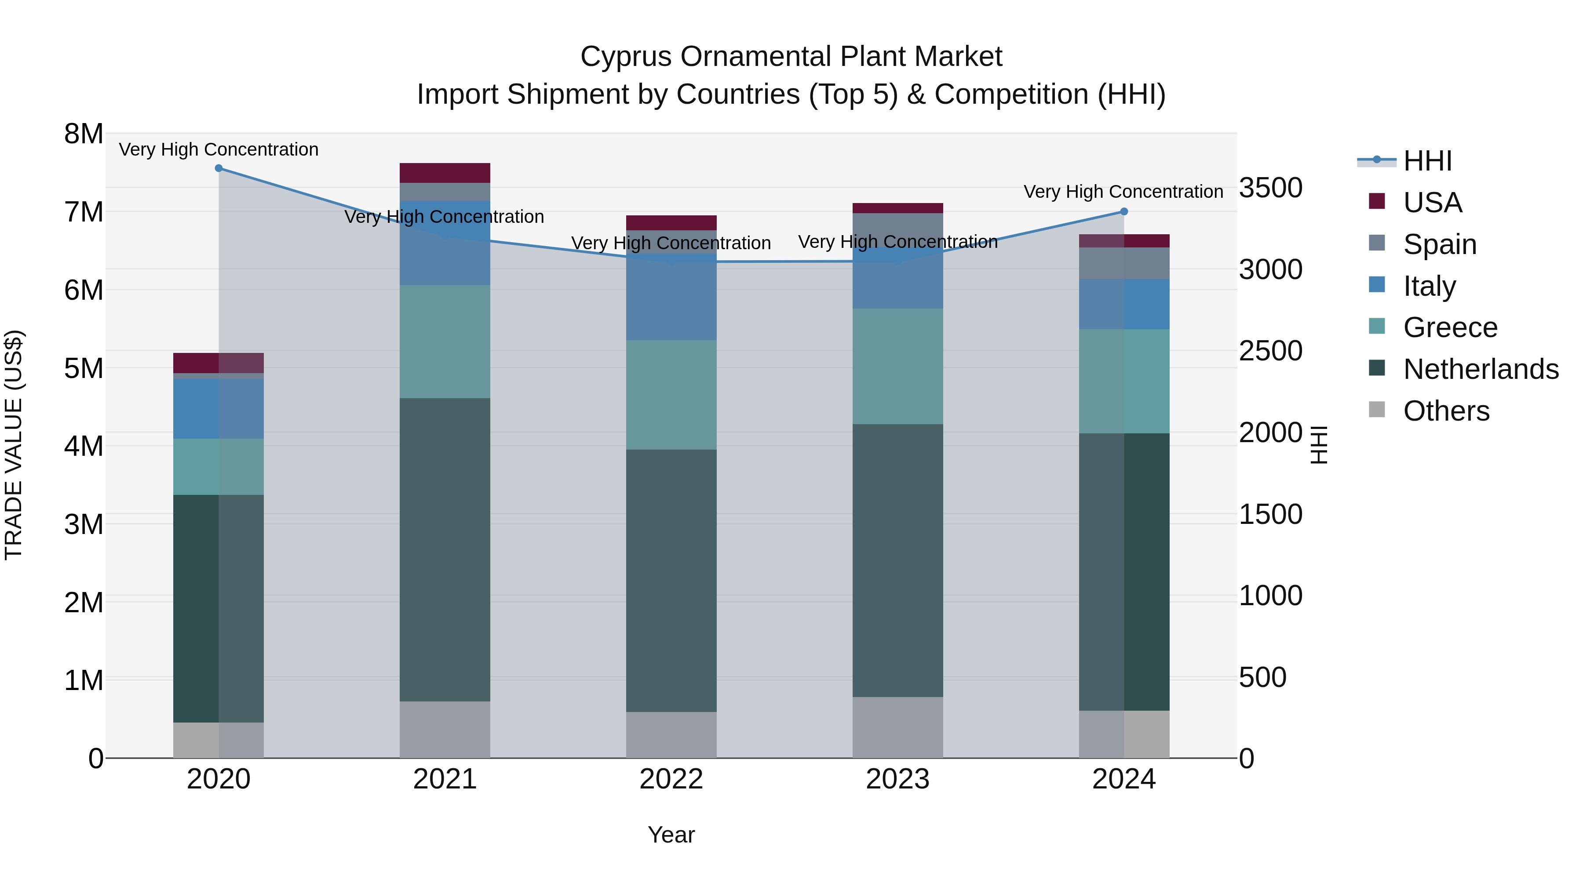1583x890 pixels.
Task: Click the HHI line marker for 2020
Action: pyautogui.click(x=219, y=168)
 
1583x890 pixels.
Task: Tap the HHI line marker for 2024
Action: pyautogui.click(x=1124, y=212)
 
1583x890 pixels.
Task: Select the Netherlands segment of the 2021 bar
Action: pyautogui.click(x=445, y=550)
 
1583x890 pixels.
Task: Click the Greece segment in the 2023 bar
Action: pyautogui.click(x=898, y=366)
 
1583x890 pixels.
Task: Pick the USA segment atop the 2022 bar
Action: pyautogui.click(x=671, y=223)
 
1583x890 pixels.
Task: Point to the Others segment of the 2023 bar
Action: pyautogui.click(x=898, y=727)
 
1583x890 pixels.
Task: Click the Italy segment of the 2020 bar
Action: pyautogui.click(x=219, y=408)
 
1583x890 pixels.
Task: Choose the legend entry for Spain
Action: pyautogui.click(x=1439, y=244)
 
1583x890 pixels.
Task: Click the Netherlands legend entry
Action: pyautogui.click(x=1481, y=369)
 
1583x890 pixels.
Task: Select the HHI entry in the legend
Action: pyautogui.click(x=1427, y=161)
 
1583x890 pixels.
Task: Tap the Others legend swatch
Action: pyautogui.click(x=1377, y=410)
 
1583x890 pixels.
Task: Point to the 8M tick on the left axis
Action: pyautogui.click(x=84, y=134)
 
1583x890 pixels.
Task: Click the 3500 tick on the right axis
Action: pyautogui.click(x=1270, y=188)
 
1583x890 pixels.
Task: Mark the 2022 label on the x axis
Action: pyautogui.click(x=671, y=779)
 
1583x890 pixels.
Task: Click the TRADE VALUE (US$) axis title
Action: pyautogui.click(x=14, y=445)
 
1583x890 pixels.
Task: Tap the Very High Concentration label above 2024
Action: pyautogui.click(x=1123, y=192)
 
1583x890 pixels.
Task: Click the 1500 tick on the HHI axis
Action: pyautogui.click(x=1270, y=514)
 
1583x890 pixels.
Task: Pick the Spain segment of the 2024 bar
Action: pyautogui.click(x=1124, y=264)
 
